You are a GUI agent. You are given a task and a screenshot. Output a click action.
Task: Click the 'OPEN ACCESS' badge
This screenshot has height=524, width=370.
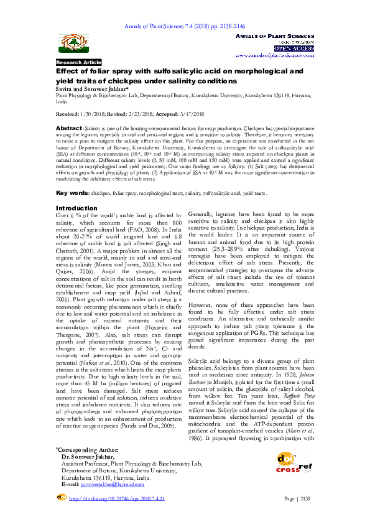click(293, 47)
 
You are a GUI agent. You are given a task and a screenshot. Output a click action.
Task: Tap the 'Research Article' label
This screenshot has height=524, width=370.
click(78, 63)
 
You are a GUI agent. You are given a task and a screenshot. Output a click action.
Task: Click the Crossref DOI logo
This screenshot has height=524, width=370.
click(296, 462)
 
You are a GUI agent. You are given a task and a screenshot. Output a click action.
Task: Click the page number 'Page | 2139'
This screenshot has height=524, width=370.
click(297, 498)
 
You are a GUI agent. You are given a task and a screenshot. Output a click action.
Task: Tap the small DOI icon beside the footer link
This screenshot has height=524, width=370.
click(61, 498)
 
